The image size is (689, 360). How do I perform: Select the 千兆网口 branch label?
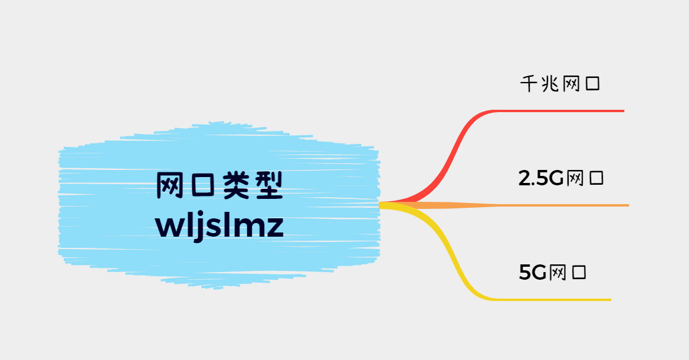click(560, 84)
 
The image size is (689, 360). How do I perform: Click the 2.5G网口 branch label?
click(561, 178)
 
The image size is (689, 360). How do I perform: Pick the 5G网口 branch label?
click(553, 273)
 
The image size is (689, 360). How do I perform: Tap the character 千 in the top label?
click(528, 84)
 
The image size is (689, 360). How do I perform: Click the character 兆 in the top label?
click(549, 84)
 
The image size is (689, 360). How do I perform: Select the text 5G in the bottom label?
click(533, 273)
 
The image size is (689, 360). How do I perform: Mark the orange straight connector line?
click(531, 205)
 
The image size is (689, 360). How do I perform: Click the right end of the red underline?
click(622, 111)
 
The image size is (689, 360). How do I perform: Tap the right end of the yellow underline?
click(609, 300)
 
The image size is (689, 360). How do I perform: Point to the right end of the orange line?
click(628, 205)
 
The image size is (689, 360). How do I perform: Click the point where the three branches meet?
click(381, 205)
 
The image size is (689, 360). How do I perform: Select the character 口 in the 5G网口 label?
click(579, 273)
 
